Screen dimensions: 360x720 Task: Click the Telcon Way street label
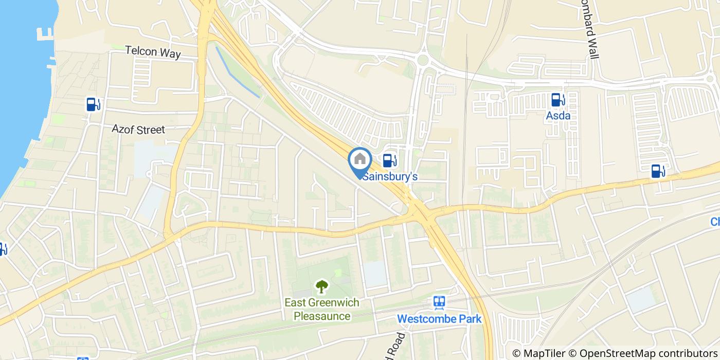pos(153,52)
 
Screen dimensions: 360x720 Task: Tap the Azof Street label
pos(138,129)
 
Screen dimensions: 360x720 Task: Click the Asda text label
pos(558,116)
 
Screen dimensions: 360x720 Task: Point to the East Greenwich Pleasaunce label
pos(322,309)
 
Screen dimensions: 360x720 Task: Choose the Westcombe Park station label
pos(439,319)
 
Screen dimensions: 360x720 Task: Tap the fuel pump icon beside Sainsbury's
pos(390,160)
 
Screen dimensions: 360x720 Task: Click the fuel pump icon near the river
pos(93,104)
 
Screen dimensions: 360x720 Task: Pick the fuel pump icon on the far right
pos(658,171)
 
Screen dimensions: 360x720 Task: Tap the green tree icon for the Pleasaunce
pos(322,286)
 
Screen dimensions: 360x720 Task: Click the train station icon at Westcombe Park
pos(439,302)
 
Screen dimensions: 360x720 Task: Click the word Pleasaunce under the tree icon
pos(322,316)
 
